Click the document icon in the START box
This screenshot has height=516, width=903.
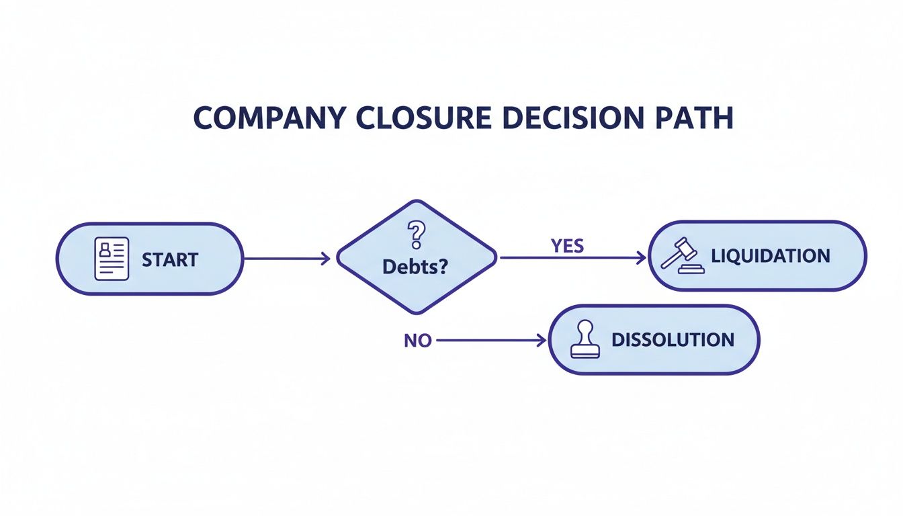[112, 259]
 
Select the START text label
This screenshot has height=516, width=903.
[170, 259]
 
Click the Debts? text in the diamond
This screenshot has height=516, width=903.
[415, 266]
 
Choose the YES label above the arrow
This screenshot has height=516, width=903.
[567, 246]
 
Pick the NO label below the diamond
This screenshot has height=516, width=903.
[417, 341]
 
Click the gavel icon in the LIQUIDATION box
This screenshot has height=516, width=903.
[683, 256]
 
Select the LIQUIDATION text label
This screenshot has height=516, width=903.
[770, 256]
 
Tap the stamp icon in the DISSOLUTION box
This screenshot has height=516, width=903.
[585, 341]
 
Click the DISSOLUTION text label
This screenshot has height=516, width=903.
[673, 340]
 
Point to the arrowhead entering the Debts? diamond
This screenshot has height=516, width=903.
[326, 259]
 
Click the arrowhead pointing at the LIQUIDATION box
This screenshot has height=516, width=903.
[641, 257]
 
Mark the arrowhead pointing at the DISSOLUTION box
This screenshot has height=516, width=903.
[542, 341]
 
